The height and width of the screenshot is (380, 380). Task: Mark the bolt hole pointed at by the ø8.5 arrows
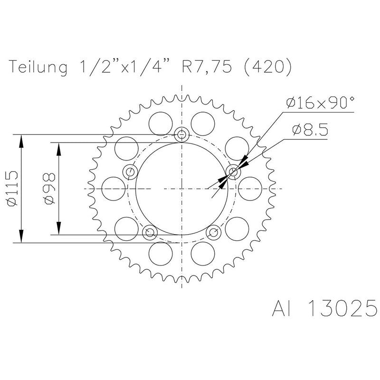[234, 172]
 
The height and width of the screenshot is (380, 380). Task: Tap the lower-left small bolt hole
[150, 232]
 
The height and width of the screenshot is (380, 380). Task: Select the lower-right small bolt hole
[214, 232]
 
